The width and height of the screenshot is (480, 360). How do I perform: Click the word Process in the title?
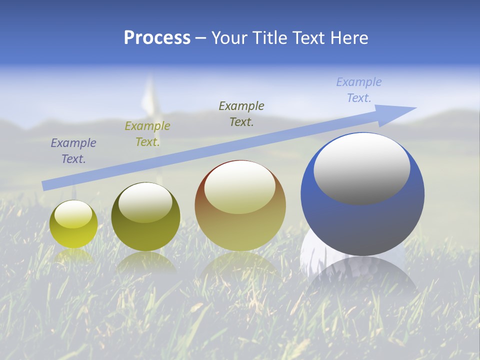[157, 38]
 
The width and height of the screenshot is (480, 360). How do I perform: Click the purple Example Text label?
[73, 150]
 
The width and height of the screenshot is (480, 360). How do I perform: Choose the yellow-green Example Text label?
[147, 133]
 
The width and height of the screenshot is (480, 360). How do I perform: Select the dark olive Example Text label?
[241, 113]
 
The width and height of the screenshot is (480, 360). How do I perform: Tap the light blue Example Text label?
[359, 89]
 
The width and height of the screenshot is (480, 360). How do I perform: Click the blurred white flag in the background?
[148, 97]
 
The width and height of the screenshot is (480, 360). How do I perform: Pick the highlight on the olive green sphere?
[145, 202]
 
